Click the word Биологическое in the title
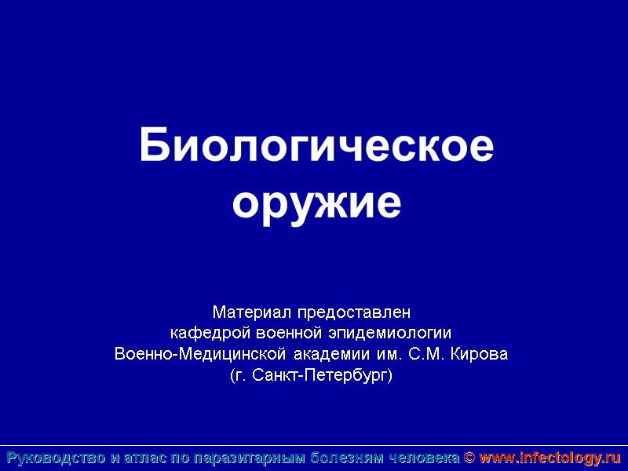tap(317, 147)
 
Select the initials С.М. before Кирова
tap(429, 354)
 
